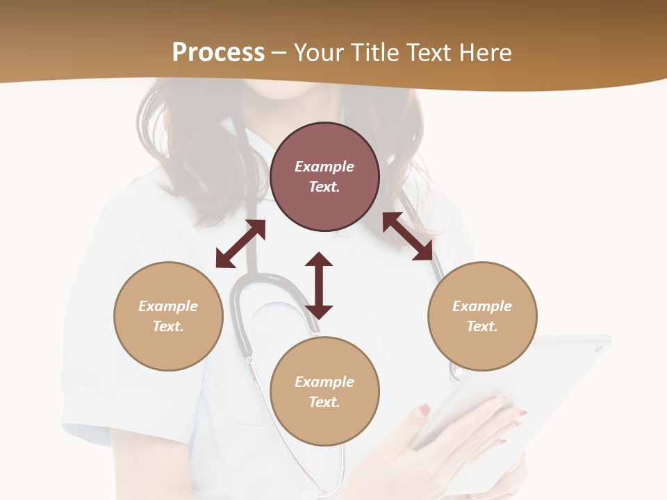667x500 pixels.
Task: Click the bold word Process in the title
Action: [218, 53]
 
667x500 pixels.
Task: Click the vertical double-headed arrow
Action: [319, 285]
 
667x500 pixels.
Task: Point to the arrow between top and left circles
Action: [240, 244]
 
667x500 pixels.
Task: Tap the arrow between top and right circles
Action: [408, 236]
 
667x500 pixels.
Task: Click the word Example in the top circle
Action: [324, 167]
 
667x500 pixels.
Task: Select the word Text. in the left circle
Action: [168, 326]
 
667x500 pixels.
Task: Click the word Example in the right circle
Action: [482, 306]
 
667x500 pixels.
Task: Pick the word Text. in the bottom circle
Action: [324, 402]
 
